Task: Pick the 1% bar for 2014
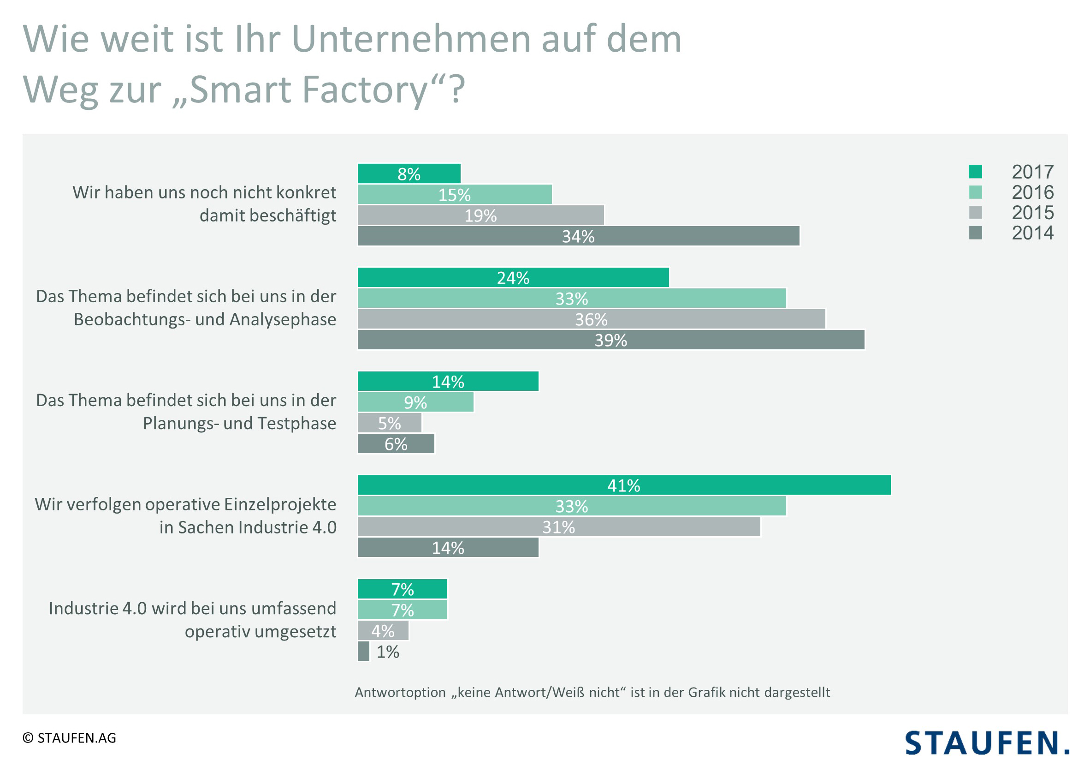click(363, 651)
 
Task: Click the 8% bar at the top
click(409, 174)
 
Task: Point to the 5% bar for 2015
click(389, 423)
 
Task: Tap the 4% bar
click(383, 630)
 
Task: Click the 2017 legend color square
click(975, 172)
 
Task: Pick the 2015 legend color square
click(975, 212)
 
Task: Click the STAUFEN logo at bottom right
click(986, 742)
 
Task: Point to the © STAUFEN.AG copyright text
click(70, 738)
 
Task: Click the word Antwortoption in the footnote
click(400, 692)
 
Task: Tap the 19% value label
click(480, 215)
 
